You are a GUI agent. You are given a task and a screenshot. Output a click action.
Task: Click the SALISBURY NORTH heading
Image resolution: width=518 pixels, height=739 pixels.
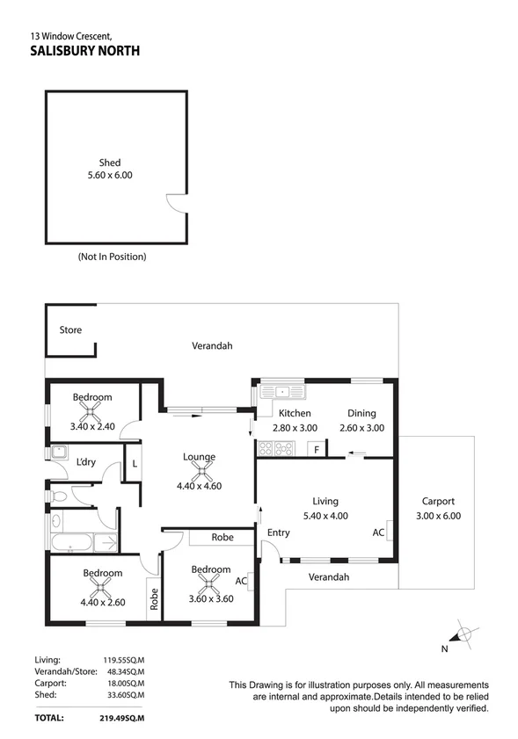coord(84,51)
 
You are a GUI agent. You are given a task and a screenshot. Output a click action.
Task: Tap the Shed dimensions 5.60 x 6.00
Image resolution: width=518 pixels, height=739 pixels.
coord(110,175)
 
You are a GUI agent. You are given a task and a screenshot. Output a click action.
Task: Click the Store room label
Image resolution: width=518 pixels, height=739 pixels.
coord(70,330)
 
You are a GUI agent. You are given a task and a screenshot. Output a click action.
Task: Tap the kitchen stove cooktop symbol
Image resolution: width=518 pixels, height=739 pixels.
coord(277,450)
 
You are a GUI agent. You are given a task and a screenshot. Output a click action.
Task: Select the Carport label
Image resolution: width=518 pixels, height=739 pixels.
coord(438,502)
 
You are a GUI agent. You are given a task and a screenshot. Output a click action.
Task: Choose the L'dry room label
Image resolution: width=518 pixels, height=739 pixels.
coord(85,462)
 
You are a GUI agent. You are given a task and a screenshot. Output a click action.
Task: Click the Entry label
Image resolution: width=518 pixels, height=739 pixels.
coord(279,533)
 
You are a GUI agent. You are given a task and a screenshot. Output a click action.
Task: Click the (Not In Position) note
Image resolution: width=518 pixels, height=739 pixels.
coord(112,257)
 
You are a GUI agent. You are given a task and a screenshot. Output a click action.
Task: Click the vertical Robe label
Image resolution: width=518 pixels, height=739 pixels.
coord(153,598)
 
